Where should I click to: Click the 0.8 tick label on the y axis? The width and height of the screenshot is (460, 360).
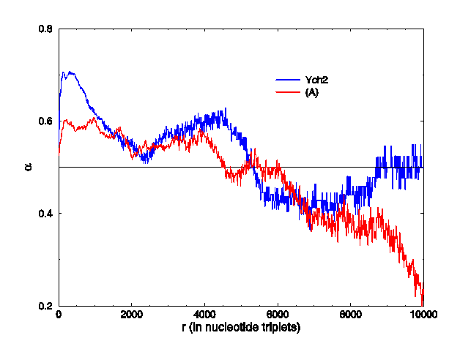pyautogui.click(x=45, y=29)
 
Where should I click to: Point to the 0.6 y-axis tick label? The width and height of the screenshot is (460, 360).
pyautogui.click(x=45, y=121)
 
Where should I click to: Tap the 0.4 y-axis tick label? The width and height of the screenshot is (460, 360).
pyautogui.click(x=45, y=214)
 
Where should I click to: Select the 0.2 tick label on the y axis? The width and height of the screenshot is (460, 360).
pyautogui.click(x=45, y=306)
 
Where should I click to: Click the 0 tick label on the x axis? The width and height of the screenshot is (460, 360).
pyautogui.click(x=59, y=317)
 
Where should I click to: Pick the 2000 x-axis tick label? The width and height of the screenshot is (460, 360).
pyautogui.click(x=132, y=317)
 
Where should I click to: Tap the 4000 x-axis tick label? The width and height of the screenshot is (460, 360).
pyautogui.click(x=204, y=317)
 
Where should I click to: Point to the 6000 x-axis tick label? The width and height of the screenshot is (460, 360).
pyautogui.click(x=278, y=317)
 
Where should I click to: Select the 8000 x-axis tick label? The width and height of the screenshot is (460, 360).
pyautogui.click(x=350, y=317)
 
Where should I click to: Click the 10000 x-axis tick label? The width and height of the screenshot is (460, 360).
pyautogui.click(x=423, y=317)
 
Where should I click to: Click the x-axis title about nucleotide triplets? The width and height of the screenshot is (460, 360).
pyautogui.click(x=241, y=329)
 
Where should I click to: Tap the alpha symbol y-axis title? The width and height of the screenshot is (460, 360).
pyautogui.click(x=27, y=168)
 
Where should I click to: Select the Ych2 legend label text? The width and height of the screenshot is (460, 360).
pyautogui.click(x=316, y=79)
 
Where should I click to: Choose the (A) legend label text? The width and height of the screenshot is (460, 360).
pyautogui.click(x=311, y=91)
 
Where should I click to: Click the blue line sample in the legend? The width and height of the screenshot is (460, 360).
pyautogui.click(x=288, y=79)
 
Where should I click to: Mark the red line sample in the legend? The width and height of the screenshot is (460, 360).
pyautogui.click(x=288, y=91)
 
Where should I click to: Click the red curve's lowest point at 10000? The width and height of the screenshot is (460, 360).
pyautogui.click(x=423, y=303)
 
